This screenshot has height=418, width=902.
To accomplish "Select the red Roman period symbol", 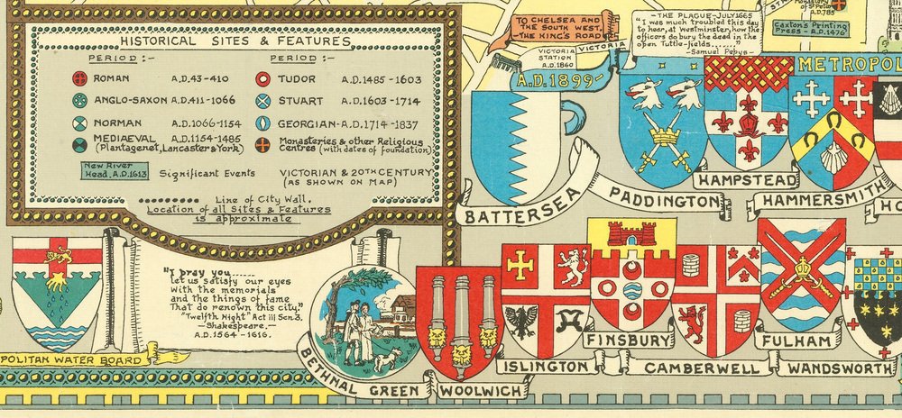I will point(79,78).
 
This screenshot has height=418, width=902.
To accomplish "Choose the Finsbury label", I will point(628,340).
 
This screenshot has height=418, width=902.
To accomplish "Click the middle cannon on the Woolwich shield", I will point(461,311).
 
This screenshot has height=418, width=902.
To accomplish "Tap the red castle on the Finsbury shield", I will point(631,234).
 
